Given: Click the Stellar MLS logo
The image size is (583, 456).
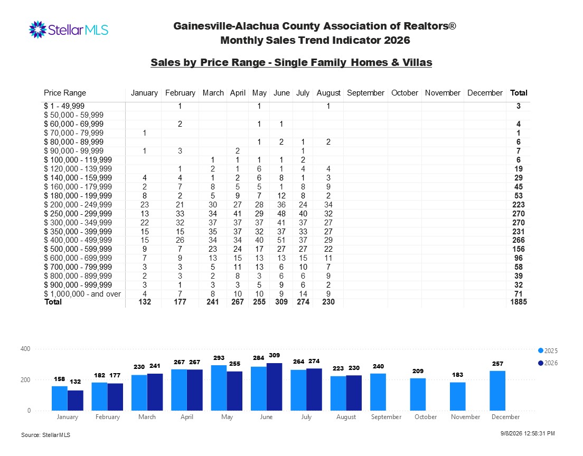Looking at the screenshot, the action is (x=69, y=30).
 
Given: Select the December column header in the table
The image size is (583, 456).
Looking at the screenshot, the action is (x=485, y=93).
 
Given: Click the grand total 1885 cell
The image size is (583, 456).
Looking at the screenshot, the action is (x=518, y=302).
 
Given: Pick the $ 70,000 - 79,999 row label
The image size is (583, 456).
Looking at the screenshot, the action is (x=73, y=133).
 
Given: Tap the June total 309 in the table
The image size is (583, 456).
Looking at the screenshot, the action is (x=281, y=302).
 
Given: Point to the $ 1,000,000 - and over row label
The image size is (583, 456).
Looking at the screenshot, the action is (x=82, y=294).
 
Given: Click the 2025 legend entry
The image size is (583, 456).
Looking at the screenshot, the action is (x=548, y=351).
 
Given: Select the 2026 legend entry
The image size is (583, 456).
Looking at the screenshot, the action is (x=548, y=363).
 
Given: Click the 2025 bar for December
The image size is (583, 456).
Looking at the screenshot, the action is (x=497, y=391).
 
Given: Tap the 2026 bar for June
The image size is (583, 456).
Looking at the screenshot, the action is (x=275, y=387).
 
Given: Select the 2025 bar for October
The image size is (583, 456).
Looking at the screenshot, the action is (x=418, y=394).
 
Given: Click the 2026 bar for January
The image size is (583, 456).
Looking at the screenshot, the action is (x=76, y=401).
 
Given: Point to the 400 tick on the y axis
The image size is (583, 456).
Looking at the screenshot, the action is (x=25, y=349).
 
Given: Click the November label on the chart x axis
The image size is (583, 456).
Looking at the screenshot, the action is (x=466, y=417).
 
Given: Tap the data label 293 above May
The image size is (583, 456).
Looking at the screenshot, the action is (x=219, y=358).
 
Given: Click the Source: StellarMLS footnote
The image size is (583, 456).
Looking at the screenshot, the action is (x=46, y=435).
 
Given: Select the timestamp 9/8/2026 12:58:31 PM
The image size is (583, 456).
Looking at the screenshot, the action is (x=528, y=433).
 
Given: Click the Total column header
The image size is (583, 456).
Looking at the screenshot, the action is (x=518, y=93).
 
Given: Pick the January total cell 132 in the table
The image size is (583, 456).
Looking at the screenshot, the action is (x=145, y=302).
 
